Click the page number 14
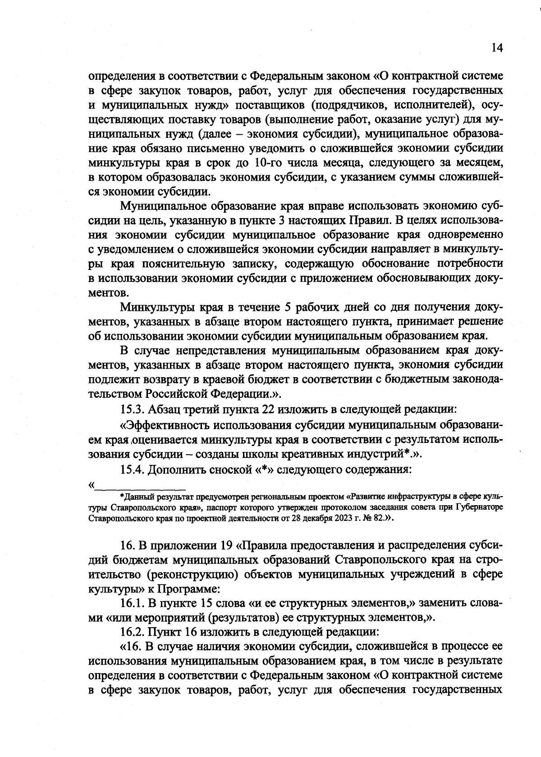coord(497,48)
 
